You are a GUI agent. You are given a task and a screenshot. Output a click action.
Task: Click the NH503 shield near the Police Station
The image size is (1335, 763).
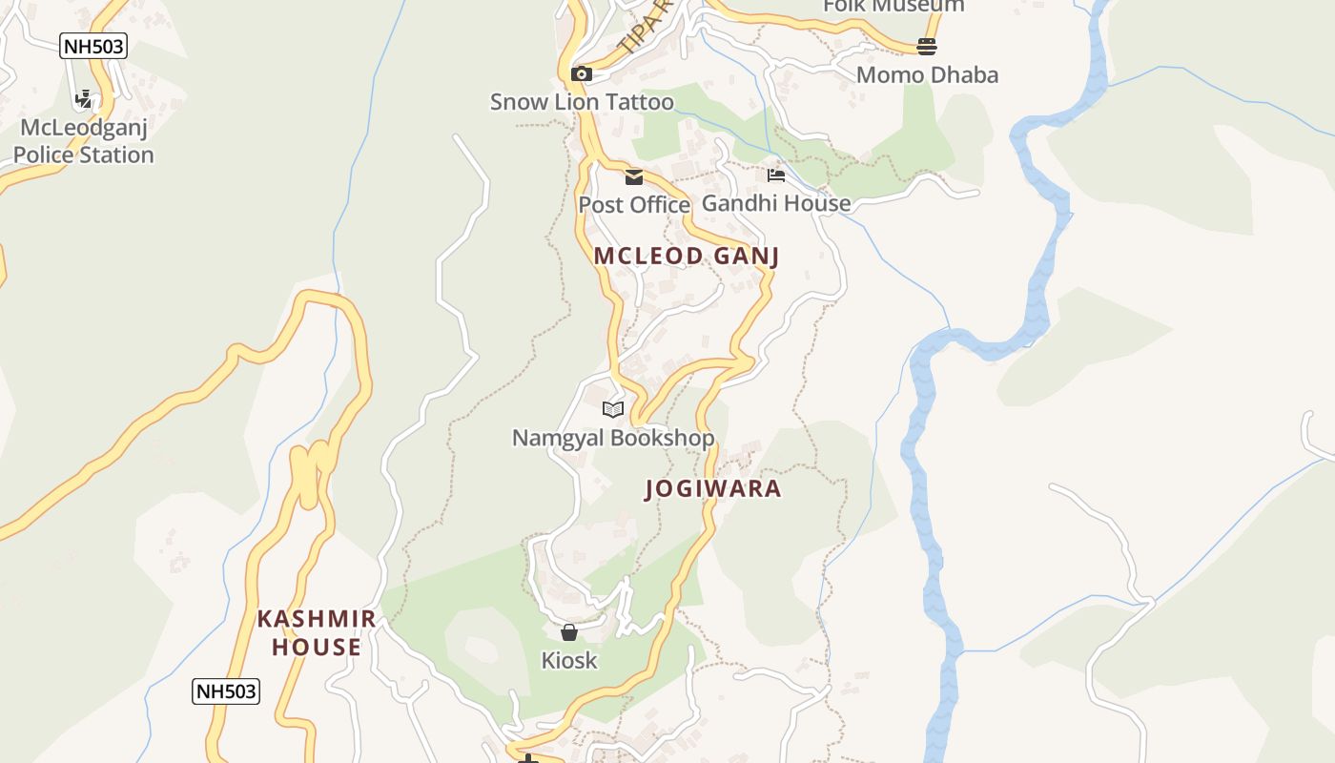(92, 46)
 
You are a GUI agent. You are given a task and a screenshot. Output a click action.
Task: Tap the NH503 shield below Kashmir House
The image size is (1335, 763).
(226, 691)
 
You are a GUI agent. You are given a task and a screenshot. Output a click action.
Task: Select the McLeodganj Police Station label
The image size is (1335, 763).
(84, 141)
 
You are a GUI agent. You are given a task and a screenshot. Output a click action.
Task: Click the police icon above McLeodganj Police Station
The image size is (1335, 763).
(84, 98)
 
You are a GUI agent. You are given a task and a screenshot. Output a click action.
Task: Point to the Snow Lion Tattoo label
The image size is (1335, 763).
(582, 102)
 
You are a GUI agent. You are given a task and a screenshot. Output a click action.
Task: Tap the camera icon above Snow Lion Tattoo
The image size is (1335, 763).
(581, 73)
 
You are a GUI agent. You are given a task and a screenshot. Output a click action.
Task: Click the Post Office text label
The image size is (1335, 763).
(634, 205)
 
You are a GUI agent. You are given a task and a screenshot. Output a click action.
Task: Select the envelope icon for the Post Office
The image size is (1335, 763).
(634, 176)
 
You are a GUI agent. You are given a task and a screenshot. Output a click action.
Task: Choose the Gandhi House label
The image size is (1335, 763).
(776, 203)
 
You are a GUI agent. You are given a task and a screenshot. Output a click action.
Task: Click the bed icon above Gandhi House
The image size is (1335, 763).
(776, 175)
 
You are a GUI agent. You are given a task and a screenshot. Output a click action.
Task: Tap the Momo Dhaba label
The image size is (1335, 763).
(927, 74)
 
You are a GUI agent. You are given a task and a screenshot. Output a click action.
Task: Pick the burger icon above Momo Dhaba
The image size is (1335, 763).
(927, 46)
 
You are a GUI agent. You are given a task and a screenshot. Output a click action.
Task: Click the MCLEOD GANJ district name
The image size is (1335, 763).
(687, 256)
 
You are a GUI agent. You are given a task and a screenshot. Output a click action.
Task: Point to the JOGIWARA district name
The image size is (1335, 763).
(713, 489)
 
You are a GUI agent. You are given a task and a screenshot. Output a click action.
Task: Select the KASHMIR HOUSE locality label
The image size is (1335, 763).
(317, 632)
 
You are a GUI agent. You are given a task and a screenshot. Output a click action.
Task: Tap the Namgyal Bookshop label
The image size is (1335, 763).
(613, 438)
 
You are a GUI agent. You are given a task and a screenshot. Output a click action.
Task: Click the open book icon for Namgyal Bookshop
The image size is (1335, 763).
(613, 409)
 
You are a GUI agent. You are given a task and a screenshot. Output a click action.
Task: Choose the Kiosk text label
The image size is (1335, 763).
(569, 660)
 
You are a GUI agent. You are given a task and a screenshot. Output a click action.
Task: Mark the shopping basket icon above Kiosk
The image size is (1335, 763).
(569, 631)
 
